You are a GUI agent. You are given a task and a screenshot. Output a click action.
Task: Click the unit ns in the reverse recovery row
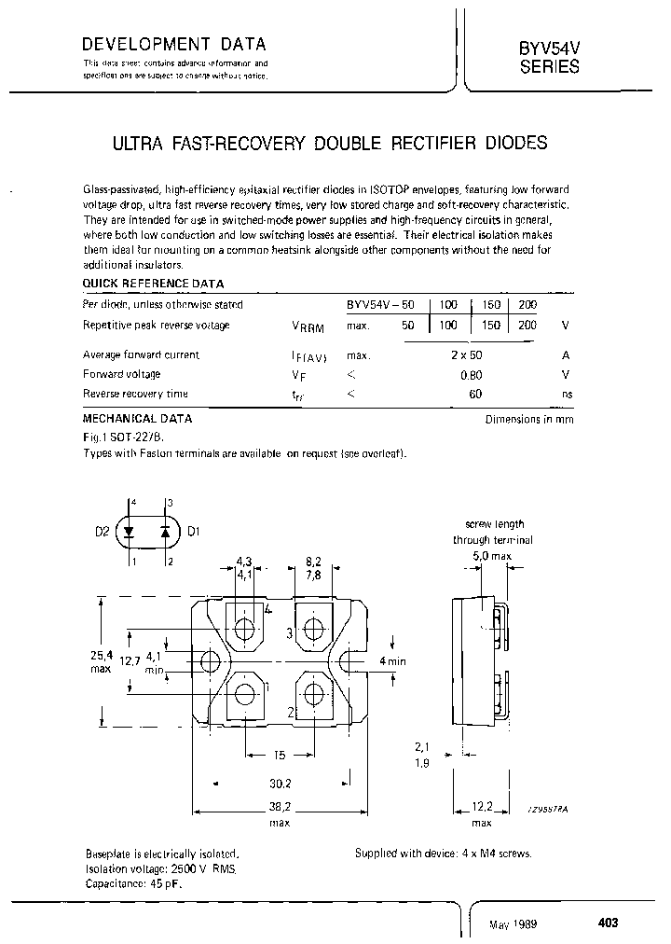566,394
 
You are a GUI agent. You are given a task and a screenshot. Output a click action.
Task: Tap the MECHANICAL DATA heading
138,419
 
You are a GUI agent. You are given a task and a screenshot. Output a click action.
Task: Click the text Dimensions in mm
528,419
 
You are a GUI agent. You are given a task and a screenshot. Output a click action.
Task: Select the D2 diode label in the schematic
102,533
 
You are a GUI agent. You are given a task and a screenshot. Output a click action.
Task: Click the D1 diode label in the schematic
194,533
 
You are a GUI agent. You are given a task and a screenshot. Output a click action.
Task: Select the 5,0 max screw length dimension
490,556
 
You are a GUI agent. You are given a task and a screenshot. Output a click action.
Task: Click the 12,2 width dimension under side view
482,808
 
